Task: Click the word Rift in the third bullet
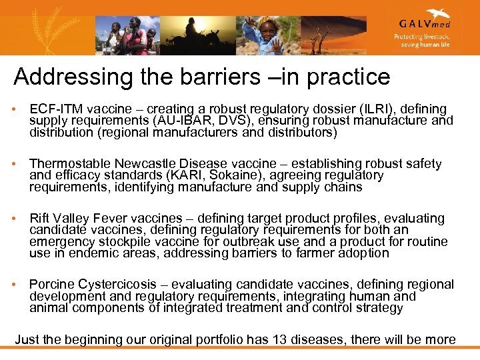tap(40, 218)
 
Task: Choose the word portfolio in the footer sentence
tap(219, 340)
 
